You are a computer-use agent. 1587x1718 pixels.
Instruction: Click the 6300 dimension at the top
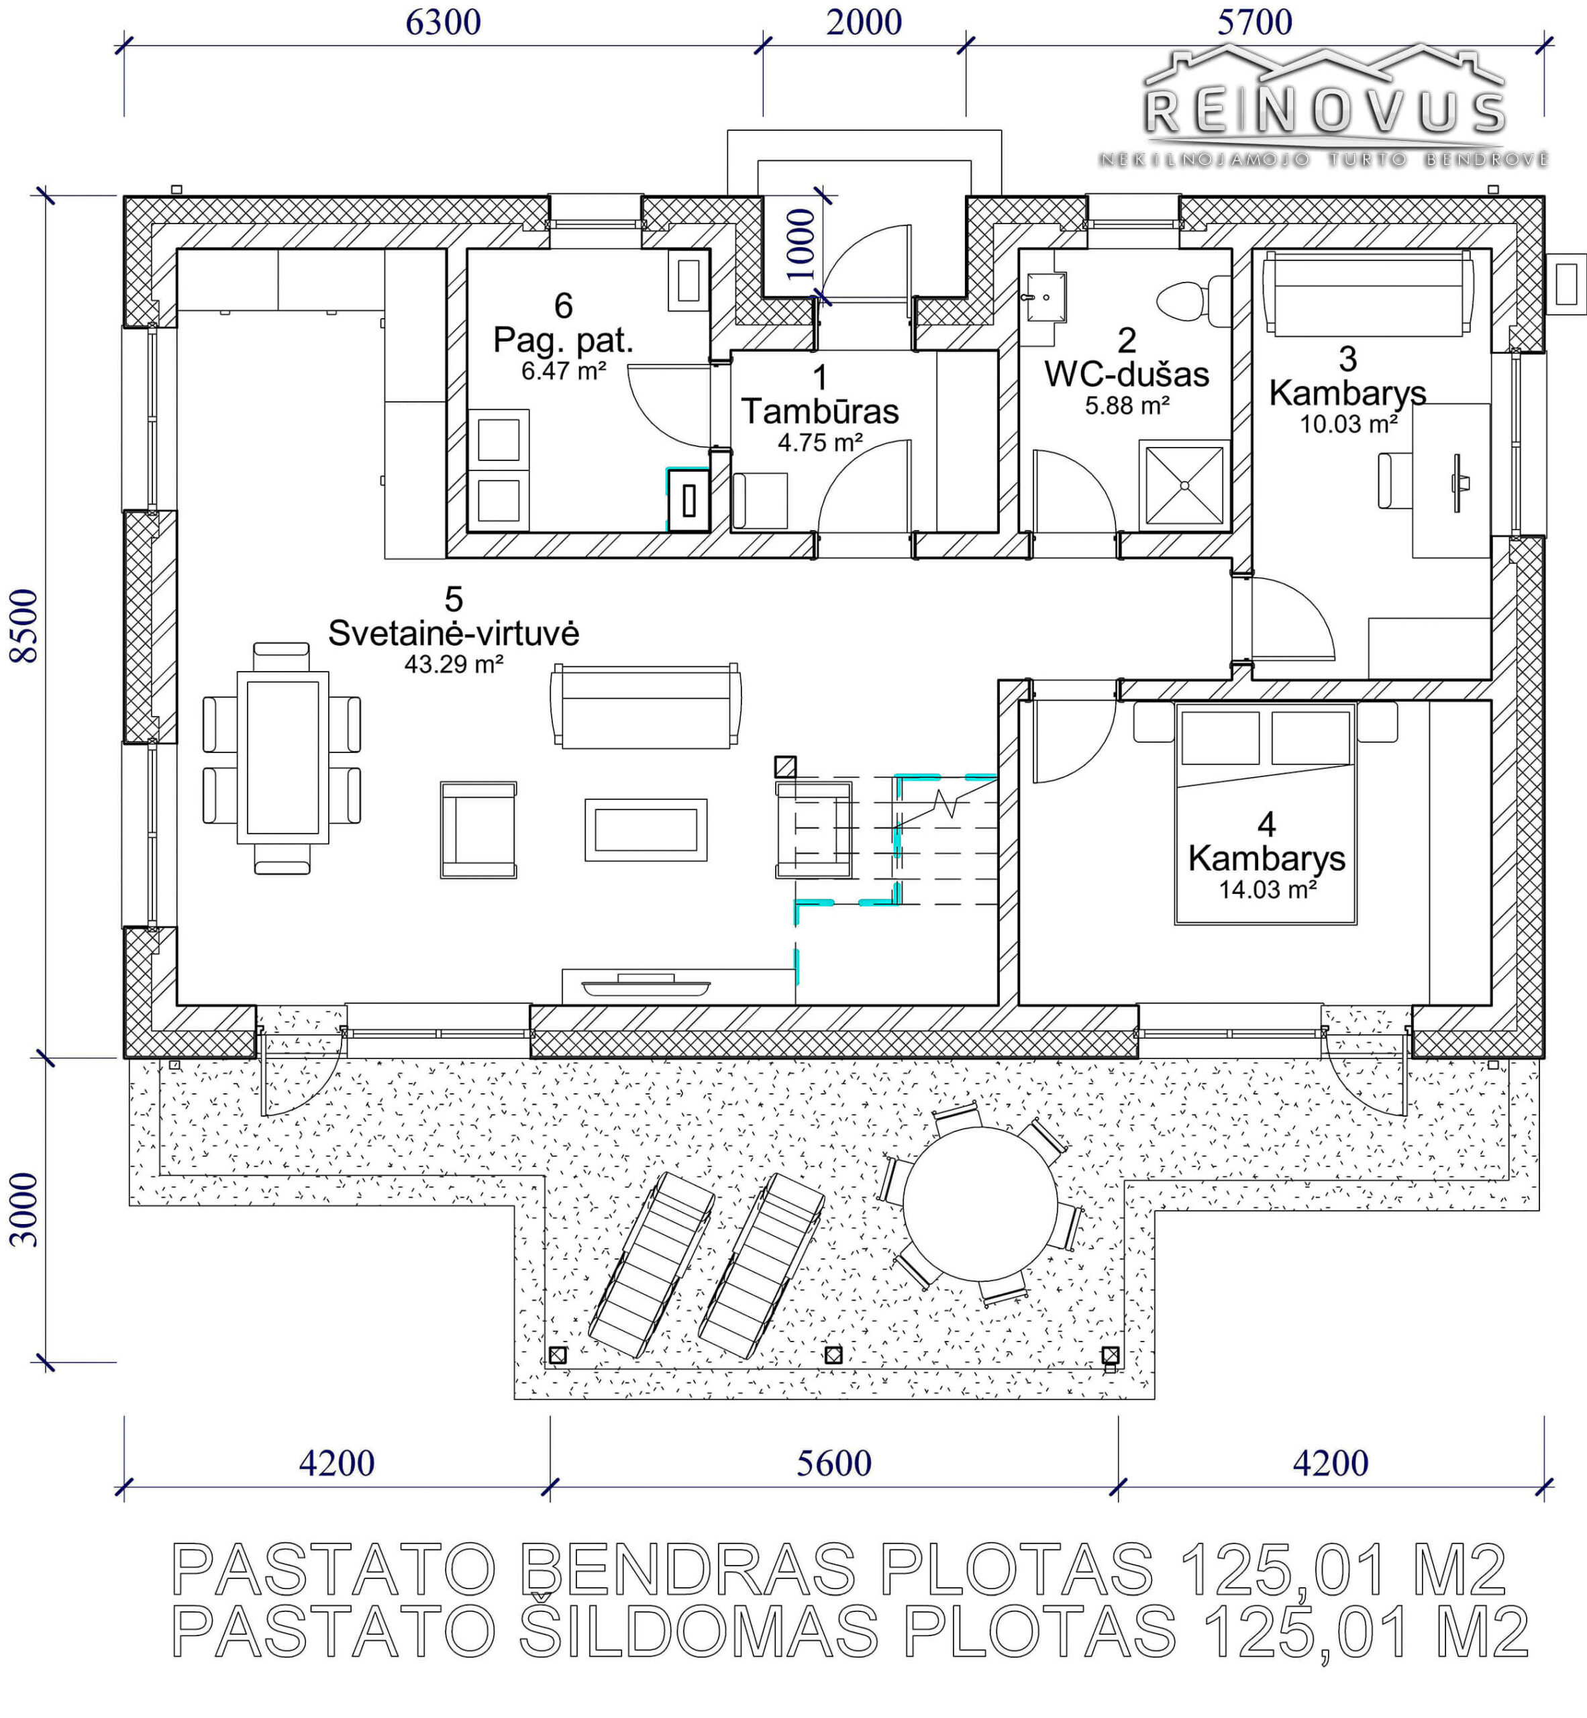pos(443,22)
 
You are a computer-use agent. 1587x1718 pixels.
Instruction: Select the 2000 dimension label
pos(864,22)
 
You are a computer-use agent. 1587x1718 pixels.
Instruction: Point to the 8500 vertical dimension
pos(24,625)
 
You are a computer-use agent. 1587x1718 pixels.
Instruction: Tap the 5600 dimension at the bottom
pos(834,1463)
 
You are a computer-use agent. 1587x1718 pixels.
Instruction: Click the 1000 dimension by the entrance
pos(801,244)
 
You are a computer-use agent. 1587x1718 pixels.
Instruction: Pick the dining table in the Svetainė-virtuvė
pos(283,757)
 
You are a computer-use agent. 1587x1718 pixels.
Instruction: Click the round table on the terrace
pos(980,1203)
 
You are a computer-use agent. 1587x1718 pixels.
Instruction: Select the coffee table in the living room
pos(646,829)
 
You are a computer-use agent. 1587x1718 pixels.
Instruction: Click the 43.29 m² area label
pos(454,664)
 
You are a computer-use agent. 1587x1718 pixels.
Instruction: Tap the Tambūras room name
pos(820,411)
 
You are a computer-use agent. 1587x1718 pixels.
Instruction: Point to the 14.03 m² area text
pos(1268,889)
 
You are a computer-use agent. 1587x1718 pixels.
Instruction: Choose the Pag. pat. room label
pos(564,341)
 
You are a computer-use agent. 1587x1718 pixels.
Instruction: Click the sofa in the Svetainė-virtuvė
pos(646,705)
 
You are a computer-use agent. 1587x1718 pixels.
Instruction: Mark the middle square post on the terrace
pos(833,1355)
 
